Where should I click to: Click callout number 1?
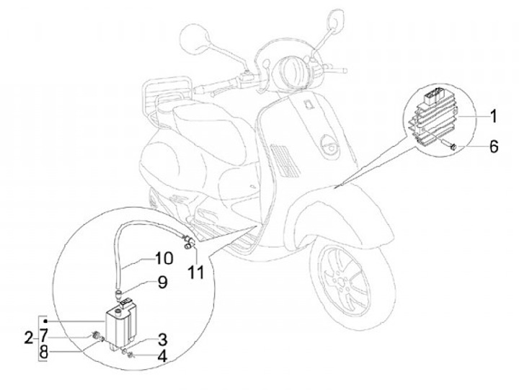pyautogui.click(x=493, y=116)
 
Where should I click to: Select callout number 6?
pyautogui.click(x=493, y=146)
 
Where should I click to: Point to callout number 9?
pyautogui.click(x=162, y=283)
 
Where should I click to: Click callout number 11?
pyautogui.click(x=196, y=272)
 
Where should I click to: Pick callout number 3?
pyautogui.click(x=163, y=338)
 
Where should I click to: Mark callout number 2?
pyautogui.click(x=27, y=336)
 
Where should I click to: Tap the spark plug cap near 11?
pyautogui.click(x=190, y=243)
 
